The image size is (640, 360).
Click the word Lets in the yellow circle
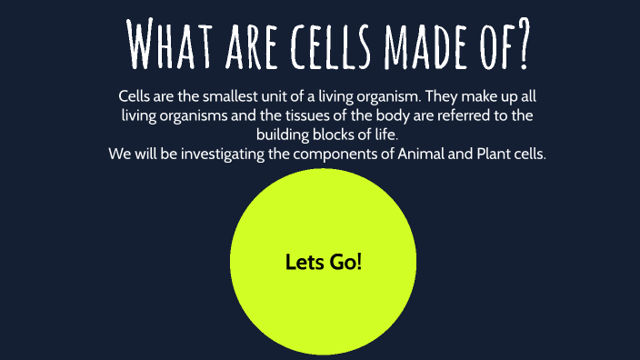click(303, 262)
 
